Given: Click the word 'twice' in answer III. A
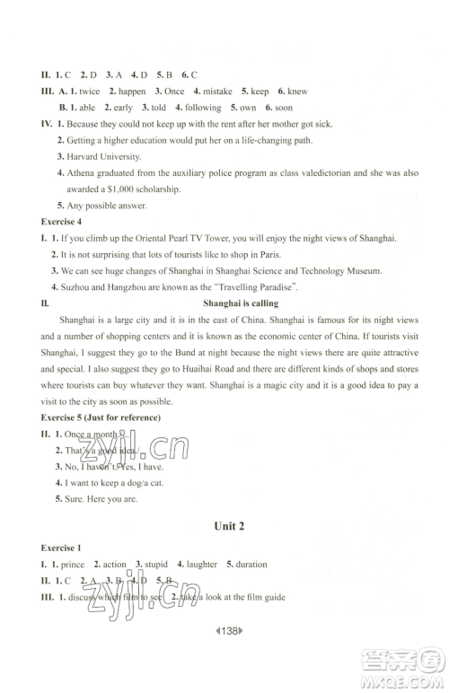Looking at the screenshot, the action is pyautogui.click(x=89, y=91).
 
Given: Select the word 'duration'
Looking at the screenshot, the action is pyautogui.click(x=251, y=564).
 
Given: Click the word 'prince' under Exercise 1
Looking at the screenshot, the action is pyautogui.click(x=73, y=564).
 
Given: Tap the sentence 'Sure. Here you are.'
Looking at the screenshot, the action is pyautogui.click(x=99, y=498).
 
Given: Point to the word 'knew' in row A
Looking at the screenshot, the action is pyautogui.click(x=297, y=91).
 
